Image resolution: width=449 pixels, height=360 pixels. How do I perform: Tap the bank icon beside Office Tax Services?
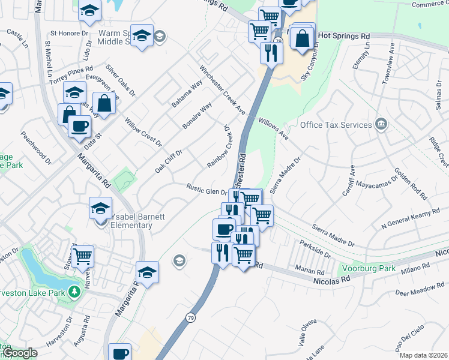point(380,125)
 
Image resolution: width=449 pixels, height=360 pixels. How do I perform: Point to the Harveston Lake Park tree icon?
point(74,292)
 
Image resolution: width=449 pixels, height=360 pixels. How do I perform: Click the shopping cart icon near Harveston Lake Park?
point(82,256)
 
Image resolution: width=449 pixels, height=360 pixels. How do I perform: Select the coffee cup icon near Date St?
point(80,127)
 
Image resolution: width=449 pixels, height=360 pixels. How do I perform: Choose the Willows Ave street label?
point(274,128)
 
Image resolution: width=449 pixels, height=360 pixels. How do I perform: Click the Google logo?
point(20,353)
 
